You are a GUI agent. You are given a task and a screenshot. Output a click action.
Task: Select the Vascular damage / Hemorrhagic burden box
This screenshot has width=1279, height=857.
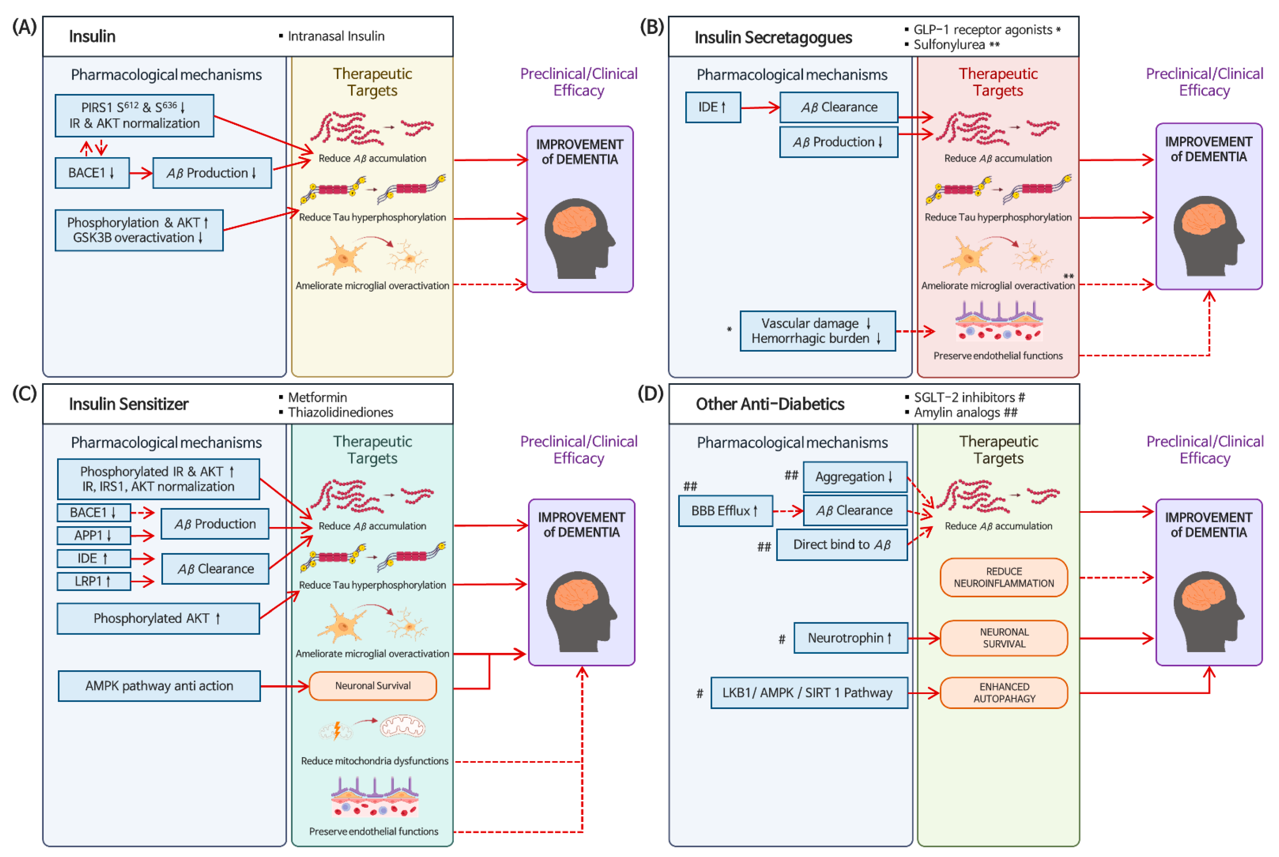817,331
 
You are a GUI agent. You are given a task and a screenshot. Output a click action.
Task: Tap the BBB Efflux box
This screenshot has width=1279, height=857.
725,511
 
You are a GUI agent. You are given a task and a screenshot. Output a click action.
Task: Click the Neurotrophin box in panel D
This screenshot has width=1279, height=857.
850,638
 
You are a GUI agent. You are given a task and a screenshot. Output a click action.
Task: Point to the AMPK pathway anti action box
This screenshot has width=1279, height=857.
159,685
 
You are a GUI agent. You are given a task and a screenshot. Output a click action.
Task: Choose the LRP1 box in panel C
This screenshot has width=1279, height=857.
93,581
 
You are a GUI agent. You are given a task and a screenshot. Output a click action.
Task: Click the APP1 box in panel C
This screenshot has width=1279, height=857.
93,535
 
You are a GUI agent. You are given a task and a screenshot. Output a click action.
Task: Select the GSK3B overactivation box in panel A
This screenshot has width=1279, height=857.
139,230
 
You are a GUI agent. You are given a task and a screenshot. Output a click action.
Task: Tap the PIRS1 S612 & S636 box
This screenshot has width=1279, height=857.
134,115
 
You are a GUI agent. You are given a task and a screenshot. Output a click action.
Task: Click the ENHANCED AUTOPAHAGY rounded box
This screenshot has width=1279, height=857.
1004,692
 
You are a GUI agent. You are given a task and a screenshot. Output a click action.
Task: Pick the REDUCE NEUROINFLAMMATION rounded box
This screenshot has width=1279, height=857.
1004,577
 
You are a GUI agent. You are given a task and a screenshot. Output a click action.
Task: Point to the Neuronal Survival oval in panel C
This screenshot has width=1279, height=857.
373,685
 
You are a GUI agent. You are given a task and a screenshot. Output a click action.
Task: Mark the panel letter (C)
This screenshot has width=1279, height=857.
25,393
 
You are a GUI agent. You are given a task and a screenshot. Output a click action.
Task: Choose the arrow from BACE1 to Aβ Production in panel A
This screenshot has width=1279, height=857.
141,173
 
